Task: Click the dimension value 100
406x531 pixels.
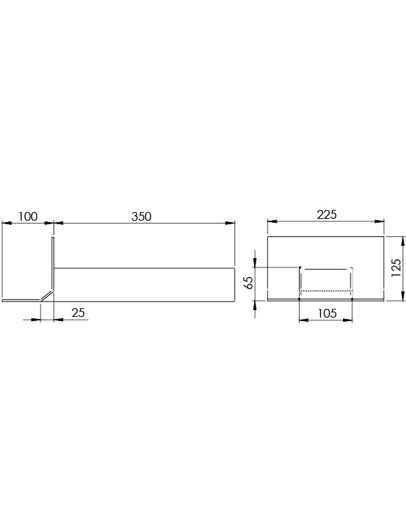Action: click(x=28, y=217)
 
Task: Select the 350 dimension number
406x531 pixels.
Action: click(x=140, y=217)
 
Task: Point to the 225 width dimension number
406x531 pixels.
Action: click(x=327, y=215)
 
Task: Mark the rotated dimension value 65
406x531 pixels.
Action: click(x=248, y=282)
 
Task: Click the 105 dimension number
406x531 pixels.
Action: click(x=326, y=314)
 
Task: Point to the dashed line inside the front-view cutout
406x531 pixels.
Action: click(x=326, y=291)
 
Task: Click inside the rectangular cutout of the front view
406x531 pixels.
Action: click(x=326, y=279)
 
